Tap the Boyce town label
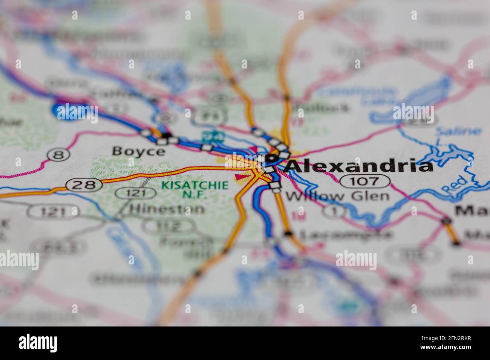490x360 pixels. tap(138, 151)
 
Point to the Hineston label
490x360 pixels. tap(167, 209)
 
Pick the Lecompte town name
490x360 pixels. tap(345, 235)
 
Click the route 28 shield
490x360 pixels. tap(84, 185)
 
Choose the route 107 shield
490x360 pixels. tap(364, 182)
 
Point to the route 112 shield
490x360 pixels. tap(168, 226)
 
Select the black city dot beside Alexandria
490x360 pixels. tap(270, 159)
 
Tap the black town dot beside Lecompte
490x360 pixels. tap(288, 234)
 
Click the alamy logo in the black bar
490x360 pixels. tap(38, 343)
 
